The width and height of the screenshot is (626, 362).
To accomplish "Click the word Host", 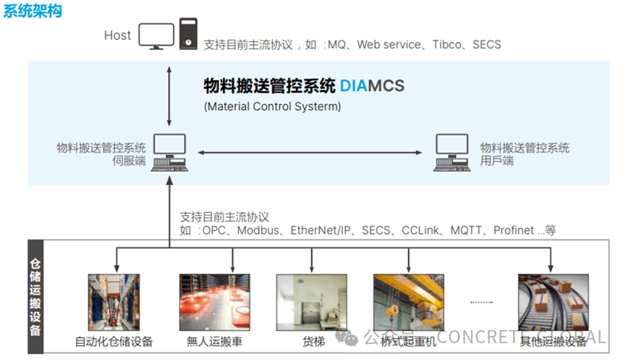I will [x=117, y=35].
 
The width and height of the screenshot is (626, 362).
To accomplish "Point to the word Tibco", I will [x=449, y=44].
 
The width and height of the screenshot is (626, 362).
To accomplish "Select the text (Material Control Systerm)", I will [x=272, y=106].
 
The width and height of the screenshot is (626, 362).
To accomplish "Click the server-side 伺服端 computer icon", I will [x=169, y=152].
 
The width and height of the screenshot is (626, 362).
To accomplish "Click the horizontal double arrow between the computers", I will [x=310, y=152].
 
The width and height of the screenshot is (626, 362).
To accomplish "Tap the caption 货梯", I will [x=312, y=341].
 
